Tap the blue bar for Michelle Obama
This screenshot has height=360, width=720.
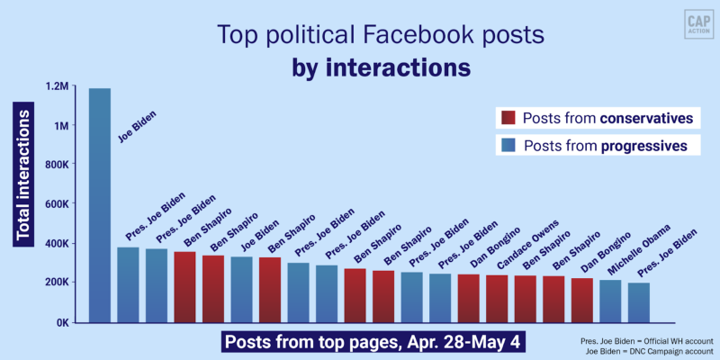click(609, 301)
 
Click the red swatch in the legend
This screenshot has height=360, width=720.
click(508, 119)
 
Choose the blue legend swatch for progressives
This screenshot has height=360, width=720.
click(508, 145)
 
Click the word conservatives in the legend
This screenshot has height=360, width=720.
click(644, 119)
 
